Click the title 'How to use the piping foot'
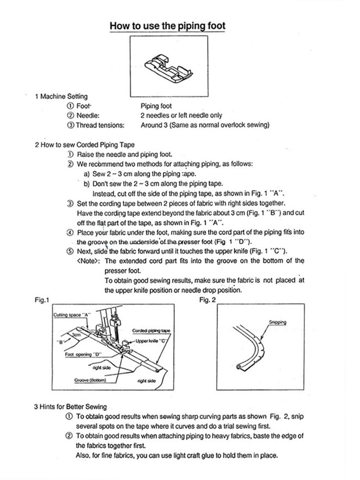point(167,26)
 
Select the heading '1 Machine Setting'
point(61,96)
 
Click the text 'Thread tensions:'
point(100,125)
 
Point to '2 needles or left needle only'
point(181,115)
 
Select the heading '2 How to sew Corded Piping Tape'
point(85,145)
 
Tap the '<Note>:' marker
point(89,260)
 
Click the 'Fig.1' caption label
point(42,300)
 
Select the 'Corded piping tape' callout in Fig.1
point(151,331)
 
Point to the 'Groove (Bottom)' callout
point(89,380)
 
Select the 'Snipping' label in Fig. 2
point(277,323)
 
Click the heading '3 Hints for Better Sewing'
point(70,407)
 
